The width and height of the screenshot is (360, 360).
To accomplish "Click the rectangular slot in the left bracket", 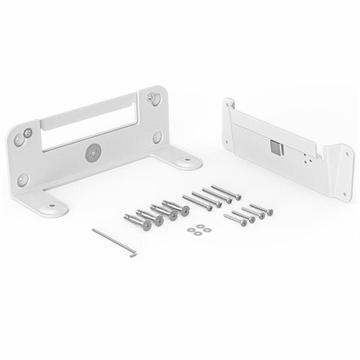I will pos(89,124).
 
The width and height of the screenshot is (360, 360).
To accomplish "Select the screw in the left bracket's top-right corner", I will pos(154,97).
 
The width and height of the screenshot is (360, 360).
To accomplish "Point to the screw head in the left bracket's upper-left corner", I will pos(27,133).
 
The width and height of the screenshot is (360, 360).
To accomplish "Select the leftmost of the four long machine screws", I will pos(196,202).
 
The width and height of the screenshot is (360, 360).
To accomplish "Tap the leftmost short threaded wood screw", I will pos(235,220).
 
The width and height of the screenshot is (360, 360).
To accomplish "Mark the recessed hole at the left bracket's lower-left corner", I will pos(23,180).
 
